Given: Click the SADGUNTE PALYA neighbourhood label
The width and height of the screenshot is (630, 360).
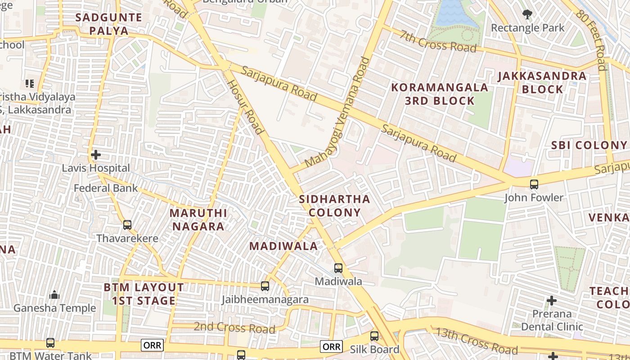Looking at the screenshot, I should click(x=108, y=24).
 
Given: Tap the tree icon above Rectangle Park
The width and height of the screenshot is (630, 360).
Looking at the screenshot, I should click(x=527, y=14).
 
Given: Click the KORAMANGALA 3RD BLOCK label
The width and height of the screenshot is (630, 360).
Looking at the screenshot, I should click(x=440, y=94).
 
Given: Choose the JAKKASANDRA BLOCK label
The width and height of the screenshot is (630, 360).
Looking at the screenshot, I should click(x=542, y=82).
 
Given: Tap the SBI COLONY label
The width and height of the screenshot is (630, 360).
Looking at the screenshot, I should click(x=589, y=145).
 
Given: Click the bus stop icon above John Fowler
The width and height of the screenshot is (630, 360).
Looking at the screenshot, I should click(x=534, y=184).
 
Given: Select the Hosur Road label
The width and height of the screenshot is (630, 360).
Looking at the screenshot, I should click(x=244, y=107).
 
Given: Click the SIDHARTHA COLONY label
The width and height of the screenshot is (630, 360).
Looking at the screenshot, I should click(x=334, y=206).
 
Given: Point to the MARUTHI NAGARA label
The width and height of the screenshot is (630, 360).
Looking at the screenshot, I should click(x=198, y=219).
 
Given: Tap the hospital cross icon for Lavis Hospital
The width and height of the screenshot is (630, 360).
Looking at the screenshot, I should click(x=95, y=155).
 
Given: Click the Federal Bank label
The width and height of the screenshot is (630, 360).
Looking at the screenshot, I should click(x=106, y=188).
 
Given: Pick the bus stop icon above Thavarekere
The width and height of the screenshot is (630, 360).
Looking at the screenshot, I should click(x=127, y=225).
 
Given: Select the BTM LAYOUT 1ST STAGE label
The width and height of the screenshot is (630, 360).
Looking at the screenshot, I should click(x=144, y=294).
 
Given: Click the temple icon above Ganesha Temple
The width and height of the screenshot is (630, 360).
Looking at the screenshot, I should click(x=54, y=295).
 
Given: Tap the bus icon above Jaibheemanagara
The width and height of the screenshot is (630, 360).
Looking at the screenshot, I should click(x=265, y=286).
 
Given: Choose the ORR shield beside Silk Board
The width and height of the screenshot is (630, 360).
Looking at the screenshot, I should click(x=332, y=346).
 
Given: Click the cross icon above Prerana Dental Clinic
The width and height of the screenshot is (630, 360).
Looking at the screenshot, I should click(x=552, y=300).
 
